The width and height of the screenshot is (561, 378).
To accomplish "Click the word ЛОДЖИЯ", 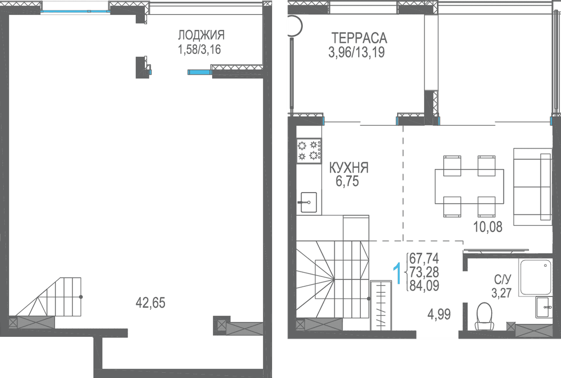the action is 201,35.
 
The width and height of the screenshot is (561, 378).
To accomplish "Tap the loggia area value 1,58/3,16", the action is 199,50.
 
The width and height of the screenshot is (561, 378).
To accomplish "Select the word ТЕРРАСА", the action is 359,38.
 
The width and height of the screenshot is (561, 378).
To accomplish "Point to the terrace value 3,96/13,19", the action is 356,52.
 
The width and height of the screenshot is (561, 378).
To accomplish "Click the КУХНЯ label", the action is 349,167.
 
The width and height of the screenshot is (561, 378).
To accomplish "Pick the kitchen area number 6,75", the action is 347,181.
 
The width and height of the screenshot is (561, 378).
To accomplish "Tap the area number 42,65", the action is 150,303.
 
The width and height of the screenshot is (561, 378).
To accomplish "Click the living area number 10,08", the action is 488,226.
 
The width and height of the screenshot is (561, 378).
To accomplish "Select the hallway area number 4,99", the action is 439,314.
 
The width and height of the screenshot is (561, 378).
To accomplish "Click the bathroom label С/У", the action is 503,279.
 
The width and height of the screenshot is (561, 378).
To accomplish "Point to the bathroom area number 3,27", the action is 501,293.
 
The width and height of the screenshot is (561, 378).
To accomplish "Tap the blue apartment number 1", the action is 397,274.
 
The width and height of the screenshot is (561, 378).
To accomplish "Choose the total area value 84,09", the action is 424,285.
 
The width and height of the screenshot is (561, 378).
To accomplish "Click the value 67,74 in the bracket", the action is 424,258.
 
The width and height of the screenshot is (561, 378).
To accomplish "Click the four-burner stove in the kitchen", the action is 309,151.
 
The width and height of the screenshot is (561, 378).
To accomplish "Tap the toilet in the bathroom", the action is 484,317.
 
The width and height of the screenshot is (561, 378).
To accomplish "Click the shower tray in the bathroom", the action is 536,277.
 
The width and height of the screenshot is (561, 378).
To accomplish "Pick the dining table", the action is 469,187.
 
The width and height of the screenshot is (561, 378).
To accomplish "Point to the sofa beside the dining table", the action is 532,187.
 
